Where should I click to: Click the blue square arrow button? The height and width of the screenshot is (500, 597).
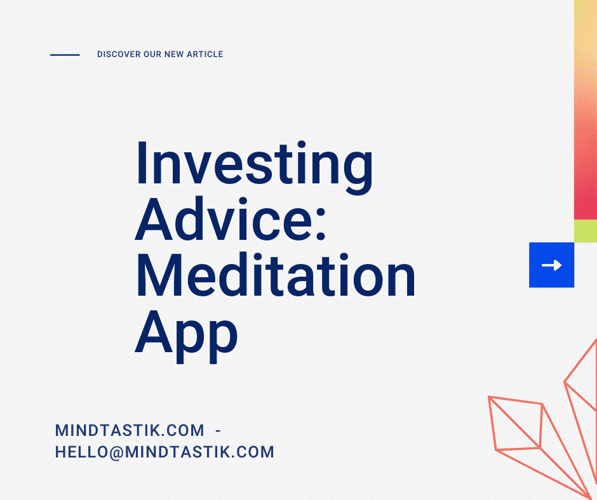click(x=551, y=265)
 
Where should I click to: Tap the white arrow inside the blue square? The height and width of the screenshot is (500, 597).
click(x=551, y=265)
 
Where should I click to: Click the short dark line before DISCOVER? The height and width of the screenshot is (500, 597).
click(x=65, y=55)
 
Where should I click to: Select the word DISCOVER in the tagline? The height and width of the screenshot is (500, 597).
click(x=119, y=55)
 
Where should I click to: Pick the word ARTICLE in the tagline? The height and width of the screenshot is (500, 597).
click(x=205, y=55)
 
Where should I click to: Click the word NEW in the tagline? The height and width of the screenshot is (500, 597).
click(x=174, y=55)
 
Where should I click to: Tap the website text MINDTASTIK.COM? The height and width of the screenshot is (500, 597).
click(x=130, y=431)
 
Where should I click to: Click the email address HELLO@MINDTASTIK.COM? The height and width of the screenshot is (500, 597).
click(x=164, y=452)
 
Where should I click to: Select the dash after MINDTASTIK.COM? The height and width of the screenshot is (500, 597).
click(x=218, y=431)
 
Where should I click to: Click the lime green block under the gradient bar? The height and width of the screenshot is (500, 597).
click(x=585, y=231)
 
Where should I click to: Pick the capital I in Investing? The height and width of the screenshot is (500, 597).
click(x=141, y=163)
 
